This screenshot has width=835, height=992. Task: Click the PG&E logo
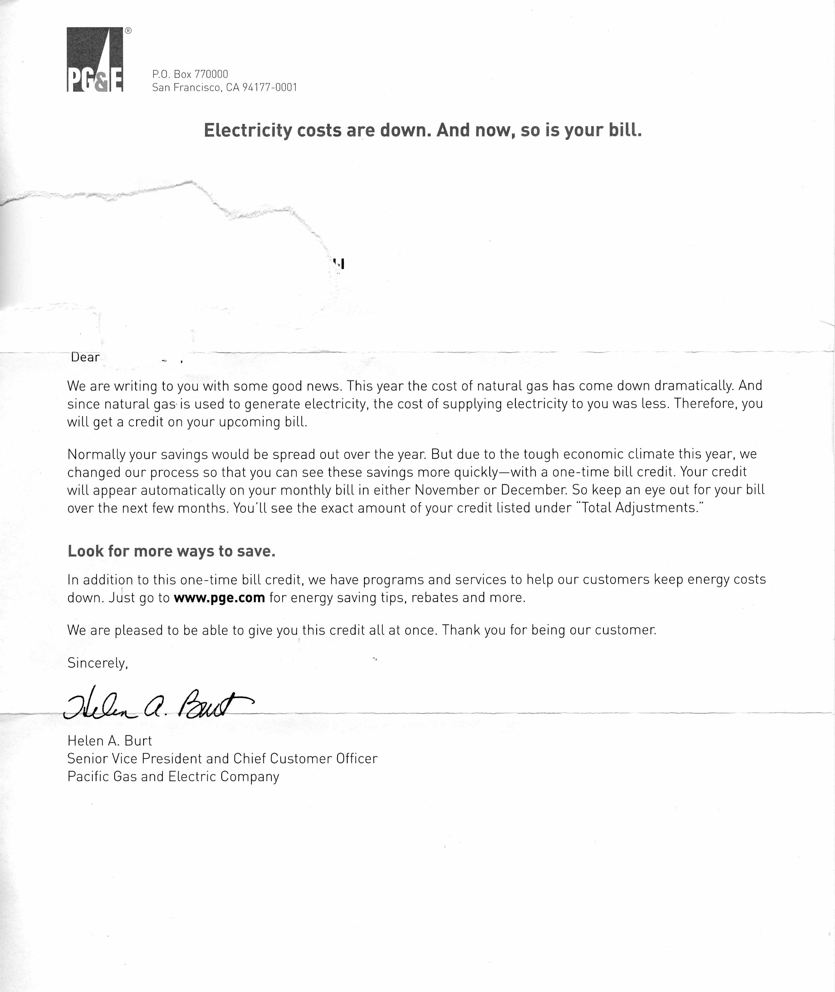[x=95, y=59]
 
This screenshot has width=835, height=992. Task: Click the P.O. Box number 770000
[x=211, y=74]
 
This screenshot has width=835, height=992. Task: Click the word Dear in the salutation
[x=85, y=357]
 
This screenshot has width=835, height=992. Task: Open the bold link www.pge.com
[x=219, y=598]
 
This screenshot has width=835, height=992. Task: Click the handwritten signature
[x=156, y=703]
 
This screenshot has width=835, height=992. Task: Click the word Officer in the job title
[x=356, y=759]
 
